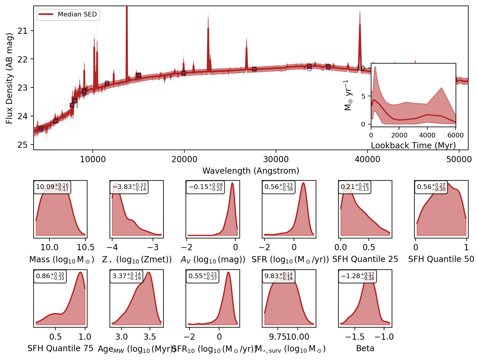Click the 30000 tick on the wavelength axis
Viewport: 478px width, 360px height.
pyautogui.click(x=276, y=160)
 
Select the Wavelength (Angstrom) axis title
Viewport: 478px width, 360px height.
pyautogui.click(x=251, y=171)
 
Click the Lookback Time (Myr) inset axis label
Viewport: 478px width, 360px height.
pyautogui.click(x=413, y=145)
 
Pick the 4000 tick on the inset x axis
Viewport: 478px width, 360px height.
pyautogui.click(x=427, y=135)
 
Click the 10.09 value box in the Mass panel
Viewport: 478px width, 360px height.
pyautogui.click(x=52, y=187)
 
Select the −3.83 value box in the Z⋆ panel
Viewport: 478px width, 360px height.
pyautogui.click(x=129, y=187)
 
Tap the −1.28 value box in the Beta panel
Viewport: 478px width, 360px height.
pyautogui.click(x=357, y=276)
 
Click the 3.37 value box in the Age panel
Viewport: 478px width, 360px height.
pyautogui.click(x=126, y=276)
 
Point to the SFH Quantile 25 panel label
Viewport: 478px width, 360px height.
pyautogui.click(x=365, y=259)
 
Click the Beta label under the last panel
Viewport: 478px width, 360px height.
pyautogui.click(x=365, y=349)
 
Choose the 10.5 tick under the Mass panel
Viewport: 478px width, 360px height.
pyautogui.click(x=85, y=247)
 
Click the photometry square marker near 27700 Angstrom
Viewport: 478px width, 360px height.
pyautogui.click(x=254, y=69)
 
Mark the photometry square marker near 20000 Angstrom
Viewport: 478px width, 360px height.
pyautogui.click(x=183, y=73)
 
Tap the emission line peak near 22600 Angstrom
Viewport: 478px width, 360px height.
pyautogui.click(x=208, y=29)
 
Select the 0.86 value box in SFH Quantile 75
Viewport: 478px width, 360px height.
pyautogui.click(x=50, y=276)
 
